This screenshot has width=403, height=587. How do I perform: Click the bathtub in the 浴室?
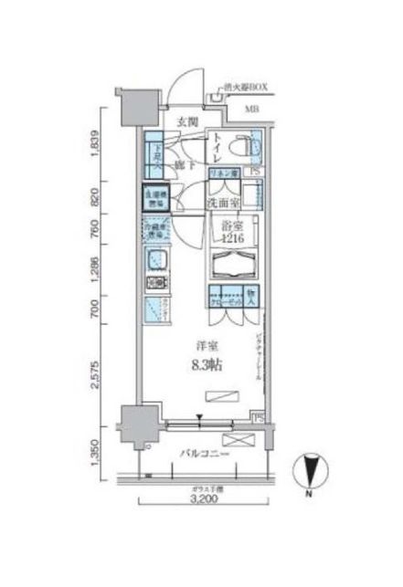pos(233,265)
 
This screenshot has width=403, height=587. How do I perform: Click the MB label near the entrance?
pos(250,111)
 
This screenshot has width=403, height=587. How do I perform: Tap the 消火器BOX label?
pos(245,90)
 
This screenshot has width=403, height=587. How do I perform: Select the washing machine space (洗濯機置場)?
pos(153,196)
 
